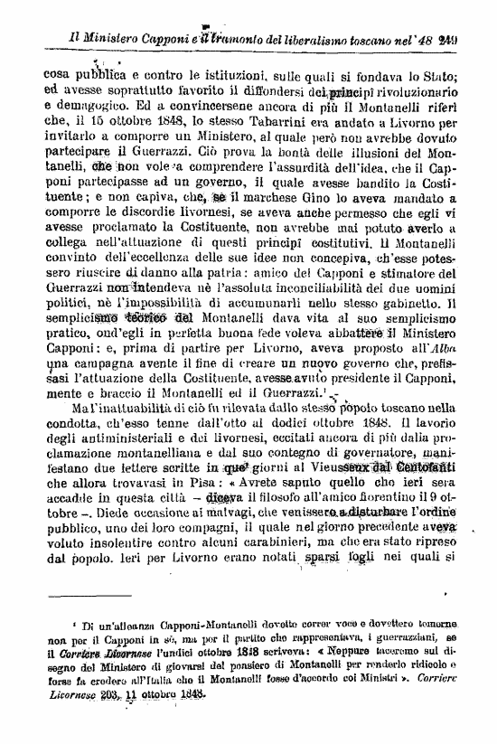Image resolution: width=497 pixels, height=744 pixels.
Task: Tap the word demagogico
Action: click(87, 105)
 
